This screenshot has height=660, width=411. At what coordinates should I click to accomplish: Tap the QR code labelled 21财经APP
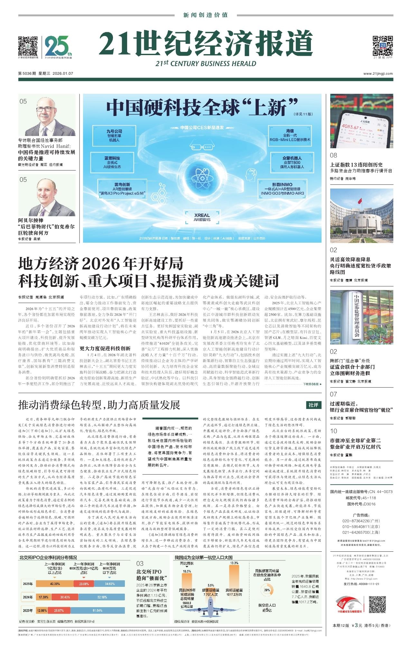382,45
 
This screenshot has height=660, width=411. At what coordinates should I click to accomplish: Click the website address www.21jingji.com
378,73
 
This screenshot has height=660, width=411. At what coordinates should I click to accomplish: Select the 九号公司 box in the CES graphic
115,135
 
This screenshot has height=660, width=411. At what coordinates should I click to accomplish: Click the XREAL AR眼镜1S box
202,217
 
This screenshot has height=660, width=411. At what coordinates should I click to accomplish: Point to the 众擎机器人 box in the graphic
292,162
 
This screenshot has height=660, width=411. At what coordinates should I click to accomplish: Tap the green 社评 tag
313,405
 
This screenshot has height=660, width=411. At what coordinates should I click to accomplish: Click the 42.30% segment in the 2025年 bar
55,584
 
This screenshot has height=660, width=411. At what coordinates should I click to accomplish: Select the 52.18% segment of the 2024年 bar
102,597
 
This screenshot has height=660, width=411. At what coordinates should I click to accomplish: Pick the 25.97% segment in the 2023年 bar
59,610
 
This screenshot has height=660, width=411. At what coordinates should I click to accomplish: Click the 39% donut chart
267,590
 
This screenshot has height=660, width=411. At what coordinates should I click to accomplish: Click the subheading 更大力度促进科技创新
105,348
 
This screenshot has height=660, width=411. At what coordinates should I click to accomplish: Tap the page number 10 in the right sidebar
333,431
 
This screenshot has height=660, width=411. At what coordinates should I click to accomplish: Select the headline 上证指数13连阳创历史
356,165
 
